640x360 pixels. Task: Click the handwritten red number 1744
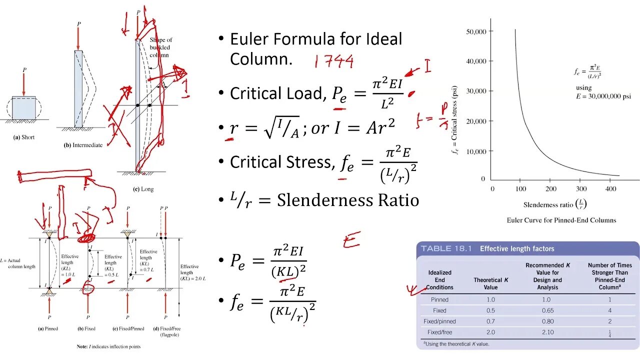pyautogui.click(x=334, y=61)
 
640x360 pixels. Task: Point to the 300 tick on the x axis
pyautogui.click(x=581, y=188)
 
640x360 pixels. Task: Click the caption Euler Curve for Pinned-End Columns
pyautogui.click(x=561, y=220)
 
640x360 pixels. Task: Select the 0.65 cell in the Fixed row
pyautogui.click(x=546, y=310)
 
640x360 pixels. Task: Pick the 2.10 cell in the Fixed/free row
pyautogui.click(x=546, y=332)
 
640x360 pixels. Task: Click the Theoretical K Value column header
pyautogui.click(x=491, y=283)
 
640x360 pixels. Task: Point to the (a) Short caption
pyautogui.click(x=23, y=137)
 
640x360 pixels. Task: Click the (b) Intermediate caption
pyautogui.click(x=83, y=145)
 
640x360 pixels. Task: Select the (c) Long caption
pyautogui.click(x=143, y=189)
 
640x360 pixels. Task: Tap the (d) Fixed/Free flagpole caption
pyautogui.click(x=165, y=331)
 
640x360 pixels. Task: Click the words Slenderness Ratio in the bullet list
pyautogui.click(x=347, y=200)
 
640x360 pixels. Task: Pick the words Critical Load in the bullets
pyautogui.click(x=276, y=93)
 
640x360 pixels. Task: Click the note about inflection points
pyautogui.click(x=108, y=346)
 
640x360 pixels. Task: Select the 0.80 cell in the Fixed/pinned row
pyautogui.click(x=546, y=321)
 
